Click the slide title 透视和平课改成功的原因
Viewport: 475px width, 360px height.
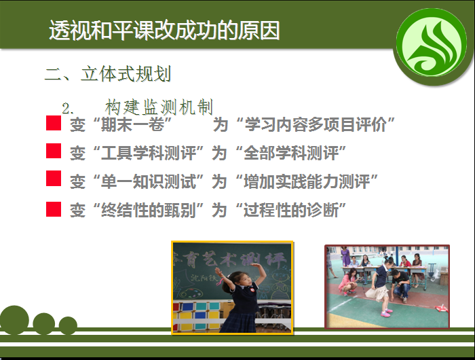(x=164, y=31)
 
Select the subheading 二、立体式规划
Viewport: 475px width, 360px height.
(x=108, y=74)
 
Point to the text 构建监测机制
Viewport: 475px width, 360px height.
(x=159, y=107)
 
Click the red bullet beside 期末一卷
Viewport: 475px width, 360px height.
(x=54, y=123)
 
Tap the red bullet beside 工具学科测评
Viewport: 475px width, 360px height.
(x=54, y=151)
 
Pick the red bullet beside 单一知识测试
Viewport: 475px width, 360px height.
(x=54, y=179)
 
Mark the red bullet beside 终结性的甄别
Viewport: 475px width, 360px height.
(x=54, y=209)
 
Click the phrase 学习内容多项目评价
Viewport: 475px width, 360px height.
(x=316, y=124)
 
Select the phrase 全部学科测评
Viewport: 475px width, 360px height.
(x=291, y=153)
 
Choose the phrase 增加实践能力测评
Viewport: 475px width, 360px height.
(x=307, y=181)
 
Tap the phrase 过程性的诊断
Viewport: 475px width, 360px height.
(x=291, y=210)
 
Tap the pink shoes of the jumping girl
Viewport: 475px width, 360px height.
(x=385, y=313)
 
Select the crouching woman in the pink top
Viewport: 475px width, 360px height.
(x=349, y=282)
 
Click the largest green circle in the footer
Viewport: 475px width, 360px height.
(x=14, y=320)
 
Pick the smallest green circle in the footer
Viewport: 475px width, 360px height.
(x=68, y=325)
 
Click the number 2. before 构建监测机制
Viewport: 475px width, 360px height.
(x=68, y=109)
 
